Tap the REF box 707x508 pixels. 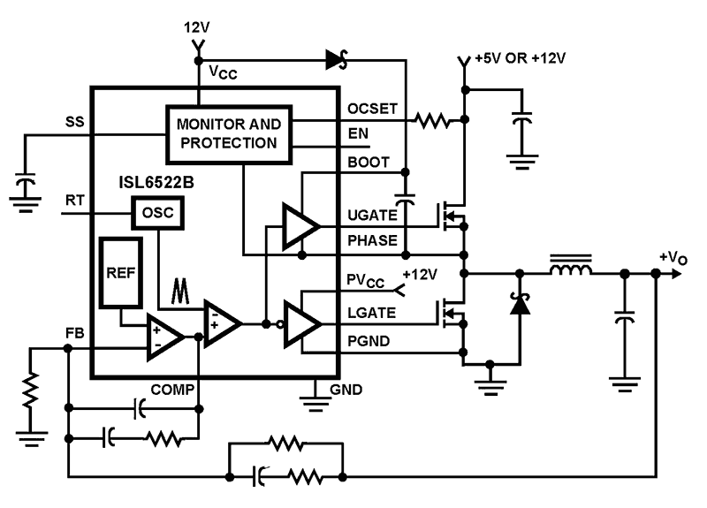pos(120,272)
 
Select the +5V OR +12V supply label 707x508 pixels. pos(520,58)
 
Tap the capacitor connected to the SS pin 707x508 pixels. pos(27,186)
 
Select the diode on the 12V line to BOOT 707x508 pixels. pos(336,60)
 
